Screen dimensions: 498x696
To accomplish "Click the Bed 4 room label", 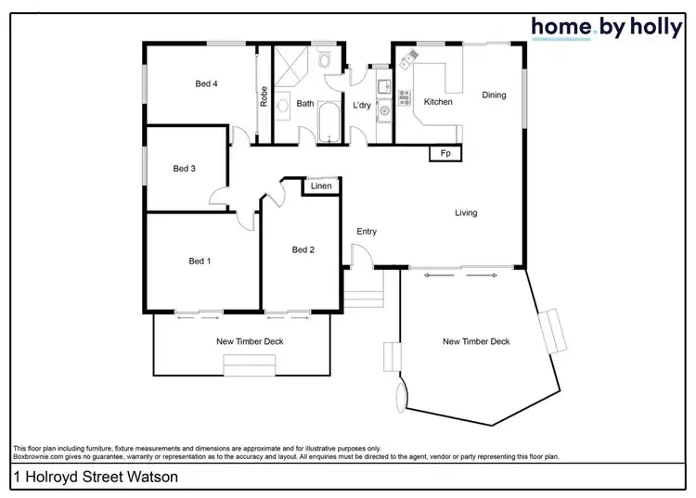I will tap(206, 83).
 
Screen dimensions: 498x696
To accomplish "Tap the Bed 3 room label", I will tap(184, 169).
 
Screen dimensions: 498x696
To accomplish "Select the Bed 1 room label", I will tap(200, 262).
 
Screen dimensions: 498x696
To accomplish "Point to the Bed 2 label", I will tap(303, 249).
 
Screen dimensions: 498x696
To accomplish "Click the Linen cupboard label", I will tap(321, 187).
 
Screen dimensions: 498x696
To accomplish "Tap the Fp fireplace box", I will tap(445, 153).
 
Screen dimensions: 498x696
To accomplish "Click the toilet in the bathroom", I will tap(323, 61).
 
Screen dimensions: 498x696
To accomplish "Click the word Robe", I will tap(264, 96).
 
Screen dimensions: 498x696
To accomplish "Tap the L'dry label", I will tap(362, 106).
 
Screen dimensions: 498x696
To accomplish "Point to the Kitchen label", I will tap(438, 102).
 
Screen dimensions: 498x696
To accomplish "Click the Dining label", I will tap(494, 95).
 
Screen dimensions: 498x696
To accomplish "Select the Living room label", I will tap(466, 213).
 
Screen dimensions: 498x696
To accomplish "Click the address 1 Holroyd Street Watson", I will tap(83, 479).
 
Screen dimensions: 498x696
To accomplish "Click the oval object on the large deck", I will tap(401, 398).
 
